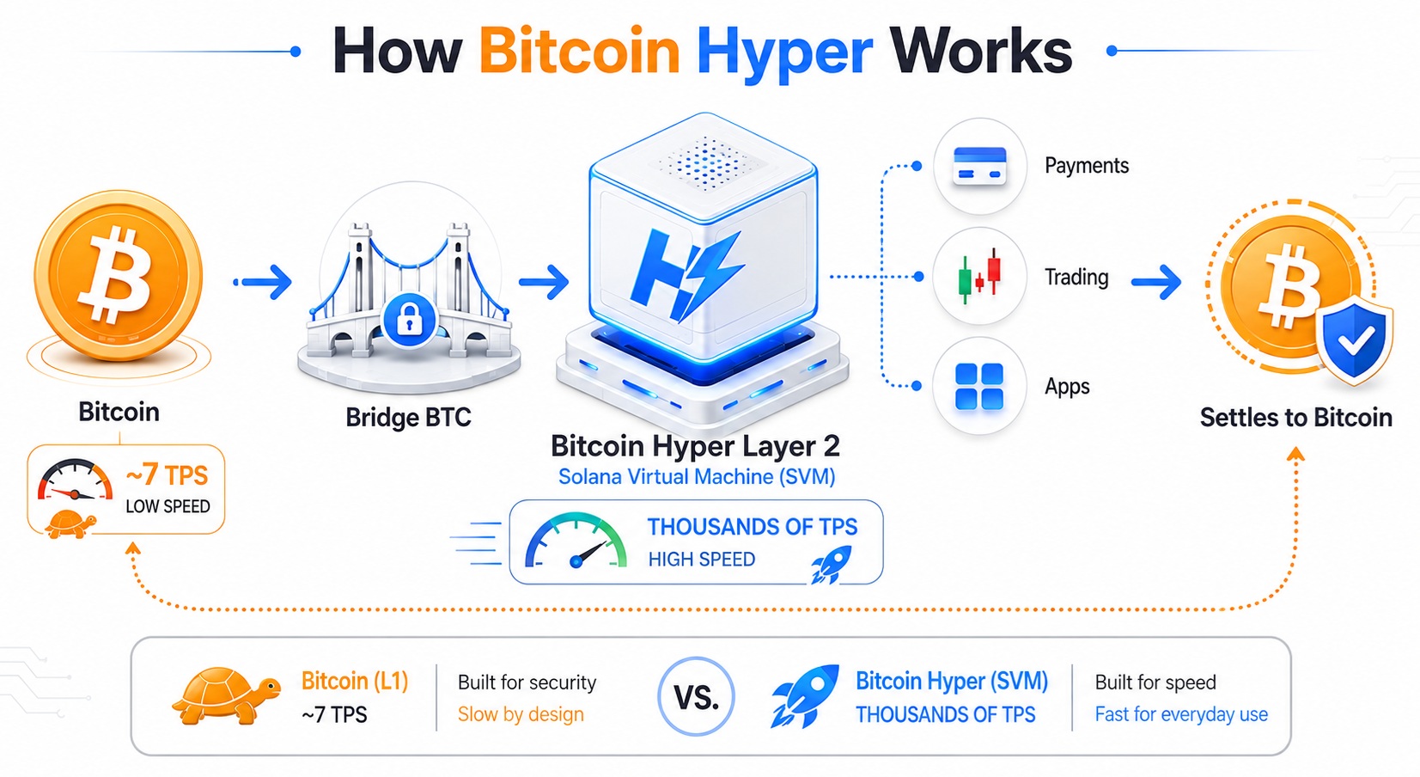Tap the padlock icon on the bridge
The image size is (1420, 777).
pyautogui.click(x=410, y=320)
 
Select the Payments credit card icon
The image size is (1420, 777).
pyautogui.click(x=979, y=166)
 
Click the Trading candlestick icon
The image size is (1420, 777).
pyautogui.click(x=979, y=277)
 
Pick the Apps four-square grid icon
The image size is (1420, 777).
pyautogui.click(x=979, y=386)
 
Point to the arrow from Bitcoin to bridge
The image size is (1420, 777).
pyautogui.click(x=263, y=282)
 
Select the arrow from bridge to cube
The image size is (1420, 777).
pyautogui.click(x=543, y=282)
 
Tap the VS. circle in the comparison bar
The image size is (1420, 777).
pyautogui.click(x=696, y=696)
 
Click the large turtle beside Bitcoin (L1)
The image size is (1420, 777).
pyautogui.click(x=226, y=695)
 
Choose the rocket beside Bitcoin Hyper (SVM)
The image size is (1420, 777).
pyautogui.click(x=805, y=696)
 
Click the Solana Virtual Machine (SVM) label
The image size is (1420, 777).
pyautogui.click(x=697, y=476)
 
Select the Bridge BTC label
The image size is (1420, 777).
pyautogui.click(x=408, y=418)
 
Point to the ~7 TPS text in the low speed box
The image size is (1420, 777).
pyautogui.click(x=167, y=474)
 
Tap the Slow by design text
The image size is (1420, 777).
pyautogui.click(x=521, y=714)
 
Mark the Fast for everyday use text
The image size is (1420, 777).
pyautogui.click(x=1181, y=714)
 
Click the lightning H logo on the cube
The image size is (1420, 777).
pyautogui.click(x=686, y=275)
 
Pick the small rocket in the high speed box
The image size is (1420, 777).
pyautogui.click(x=831, y=565)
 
